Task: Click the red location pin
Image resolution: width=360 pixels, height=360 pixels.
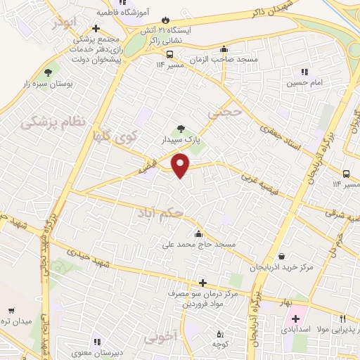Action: pyautogui.click(x=181, y=165)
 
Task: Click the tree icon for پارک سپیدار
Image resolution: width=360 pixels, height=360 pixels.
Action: pyautogui.click(x=182, y=129)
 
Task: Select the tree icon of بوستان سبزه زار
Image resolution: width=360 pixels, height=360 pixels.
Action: pyautogui.click(x=49, y=72)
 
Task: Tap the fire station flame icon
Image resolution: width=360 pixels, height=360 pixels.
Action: pyautogui.click(x=166, y=20)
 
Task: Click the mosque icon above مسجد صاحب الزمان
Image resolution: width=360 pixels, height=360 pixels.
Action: pyautogui.click(x=224, y=49)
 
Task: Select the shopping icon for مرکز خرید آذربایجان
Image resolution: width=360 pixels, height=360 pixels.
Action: pyautogui.click(x=282, y=257)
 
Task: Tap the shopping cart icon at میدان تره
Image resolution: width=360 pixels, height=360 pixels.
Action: pyautogui.click(x=11, y=310)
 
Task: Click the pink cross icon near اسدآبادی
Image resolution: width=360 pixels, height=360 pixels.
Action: pyautogui.click(x=295, y=319)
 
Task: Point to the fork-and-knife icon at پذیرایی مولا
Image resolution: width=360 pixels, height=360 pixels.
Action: pyautogui.click(x=342, y=319)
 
